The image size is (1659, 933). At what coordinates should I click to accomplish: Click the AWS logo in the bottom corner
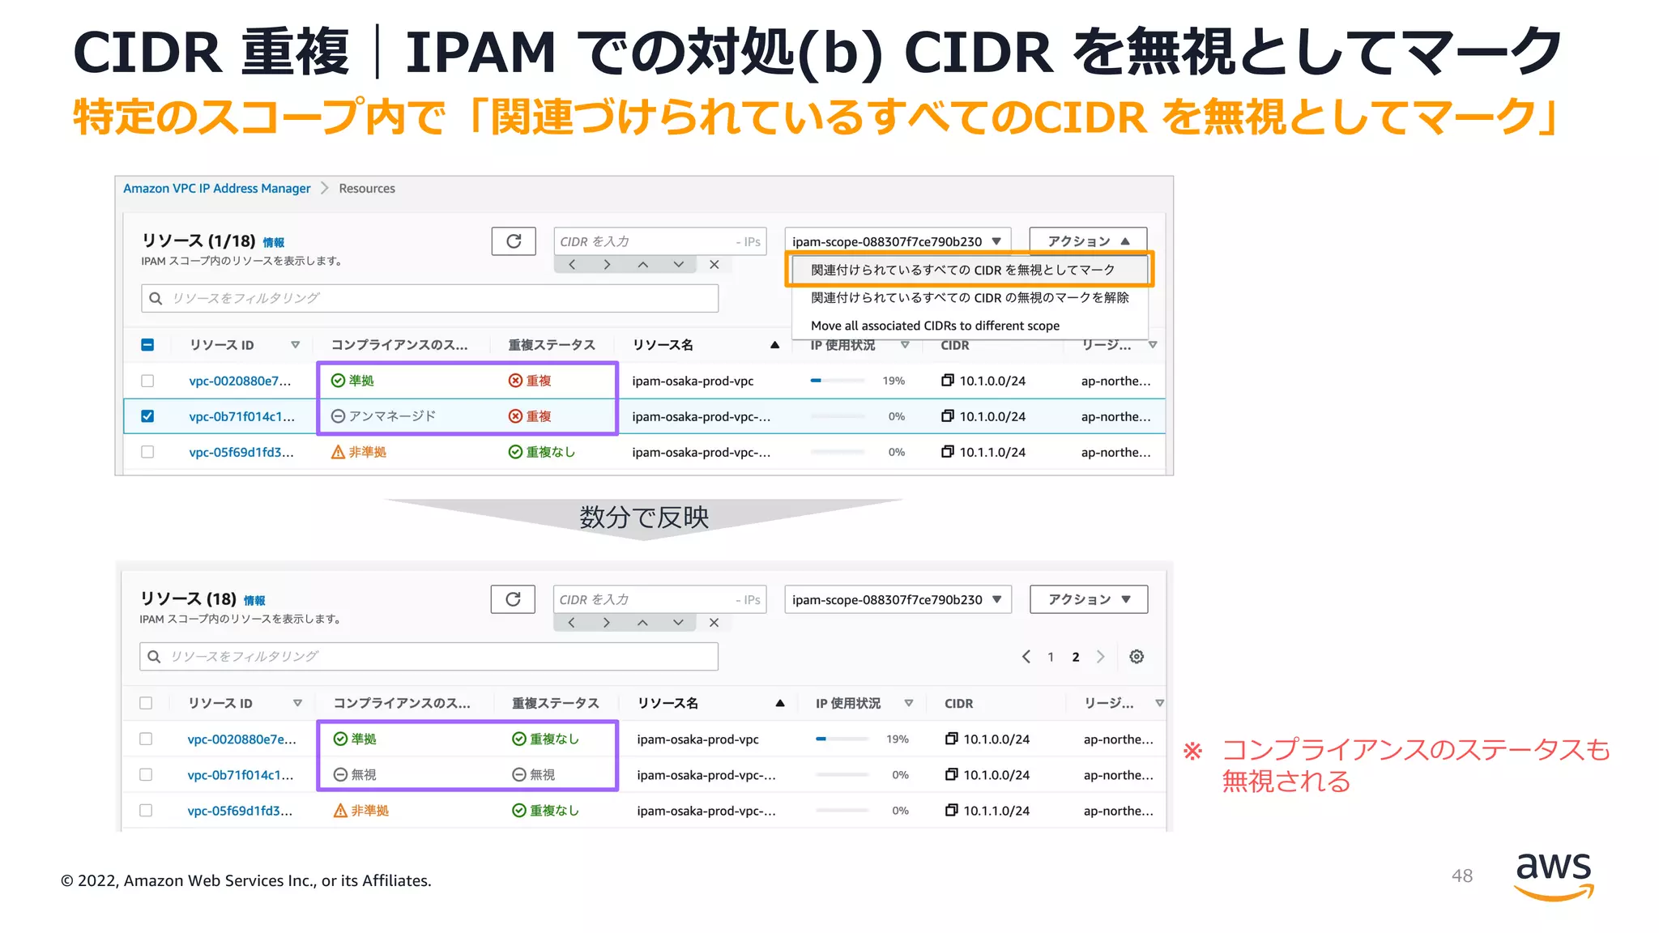click(x=1553, y=875)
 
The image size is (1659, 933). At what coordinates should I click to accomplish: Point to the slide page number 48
click(x=1461, y=875)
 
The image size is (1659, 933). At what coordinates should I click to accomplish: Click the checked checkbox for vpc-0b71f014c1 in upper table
click(x=147, y=416)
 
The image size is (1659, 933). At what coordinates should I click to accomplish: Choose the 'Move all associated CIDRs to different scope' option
click(x=935, y=326)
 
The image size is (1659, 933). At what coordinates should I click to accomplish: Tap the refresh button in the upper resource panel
click(x=514, y=241)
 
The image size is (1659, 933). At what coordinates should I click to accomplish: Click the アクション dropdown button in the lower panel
click(x=1088, y=599)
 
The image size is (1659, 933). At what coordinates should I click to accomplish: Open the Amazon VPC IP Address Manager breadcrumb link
click(x=216, y=188)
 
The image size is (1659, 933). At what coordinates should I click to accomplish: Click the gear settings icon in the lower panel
click(x=1137, y=657)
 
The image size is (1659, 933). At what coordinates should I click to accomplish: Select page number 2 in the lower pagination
click(x=1075, y=657)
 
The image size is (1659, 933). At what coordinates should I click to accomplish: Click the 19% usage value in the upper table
click(x=893, y=381)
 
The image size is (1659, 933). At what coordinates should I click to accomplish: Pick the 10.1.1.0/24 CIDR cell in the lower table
click(x=996, y=811)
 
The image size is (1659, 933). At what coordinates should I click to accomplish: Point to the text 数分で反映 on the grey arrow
click(x=644, y=517)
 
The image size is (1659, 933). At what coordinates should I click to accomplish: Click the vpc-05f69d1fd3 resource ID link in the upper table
click(x=241, y=452)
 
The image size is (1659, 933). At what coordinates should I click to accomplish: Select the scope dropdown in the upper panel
click(x=897, y=241)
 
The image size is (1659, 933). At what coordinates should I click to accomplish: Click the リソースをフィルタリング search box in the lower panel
click(x=429, y=656)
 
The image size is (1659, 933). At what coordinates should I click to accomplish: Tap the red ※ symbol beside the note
click(x=1192, y=751)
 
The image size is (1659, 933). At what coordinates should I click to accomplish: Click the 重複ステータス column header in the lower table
click(x=555, y=703)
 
